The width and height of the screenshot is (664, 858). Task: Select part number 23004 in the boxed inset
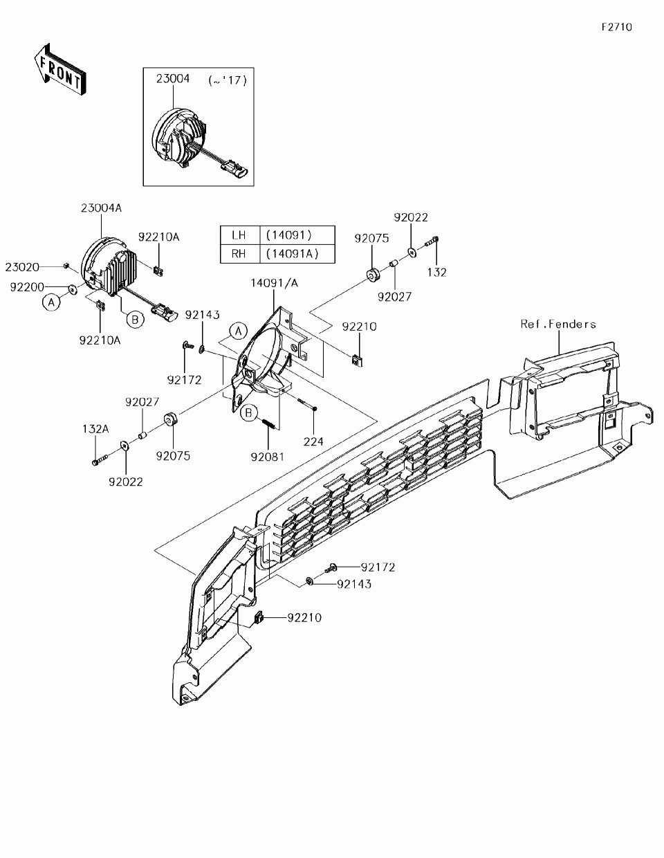click(172, 79)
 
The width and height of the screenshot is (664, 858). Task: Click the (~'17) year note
click(228, 80)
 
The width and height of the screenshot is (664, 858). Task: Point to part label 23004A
click(101, 208)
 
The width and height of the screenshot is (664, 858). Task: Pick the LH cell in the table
click(239, 235)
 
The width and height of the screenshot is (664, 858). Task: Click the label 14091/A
click(275, 282)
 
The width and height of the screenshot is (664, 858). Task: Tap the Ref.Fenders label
click(558, 323)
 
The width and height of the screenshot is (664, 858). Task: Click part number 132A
click(97, 429)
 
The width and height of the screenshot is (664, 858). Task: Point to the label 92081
click(268, 457)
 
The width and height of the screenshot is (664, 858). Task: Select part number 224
click(314, 441)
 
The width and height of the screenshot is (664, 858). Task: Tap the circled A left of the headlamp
click(50, 302)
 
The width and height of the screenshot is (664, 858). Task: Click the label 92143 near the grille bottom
click(354, 584)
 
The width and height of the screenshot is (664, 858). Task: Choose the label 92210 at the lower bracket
click(304, 617)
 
